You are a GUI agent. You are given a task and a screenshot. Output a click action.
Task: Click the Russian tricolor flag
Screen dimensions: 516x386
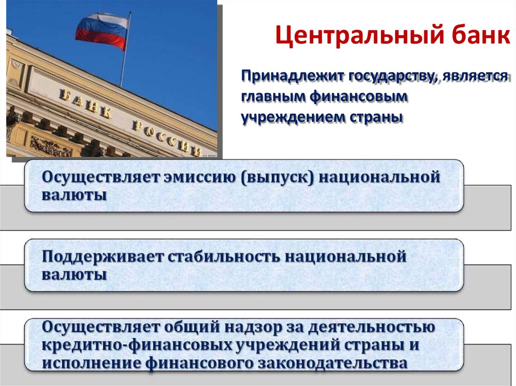pyautogui.click(x=102, y=30)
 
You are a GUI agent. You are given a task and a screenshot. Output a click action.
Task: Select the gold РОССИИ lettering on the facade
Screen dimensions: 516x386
pyautogui.click(x=166, y=137)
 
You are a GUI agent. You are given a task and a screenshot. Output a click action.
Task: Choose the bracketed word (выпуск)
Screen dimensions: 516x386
pyautogui.click(x=278, y=178)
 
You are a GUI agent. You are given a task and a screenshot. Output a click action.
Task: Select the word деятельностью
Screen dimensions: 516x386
pyautogui.click(x=371, y=328)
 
